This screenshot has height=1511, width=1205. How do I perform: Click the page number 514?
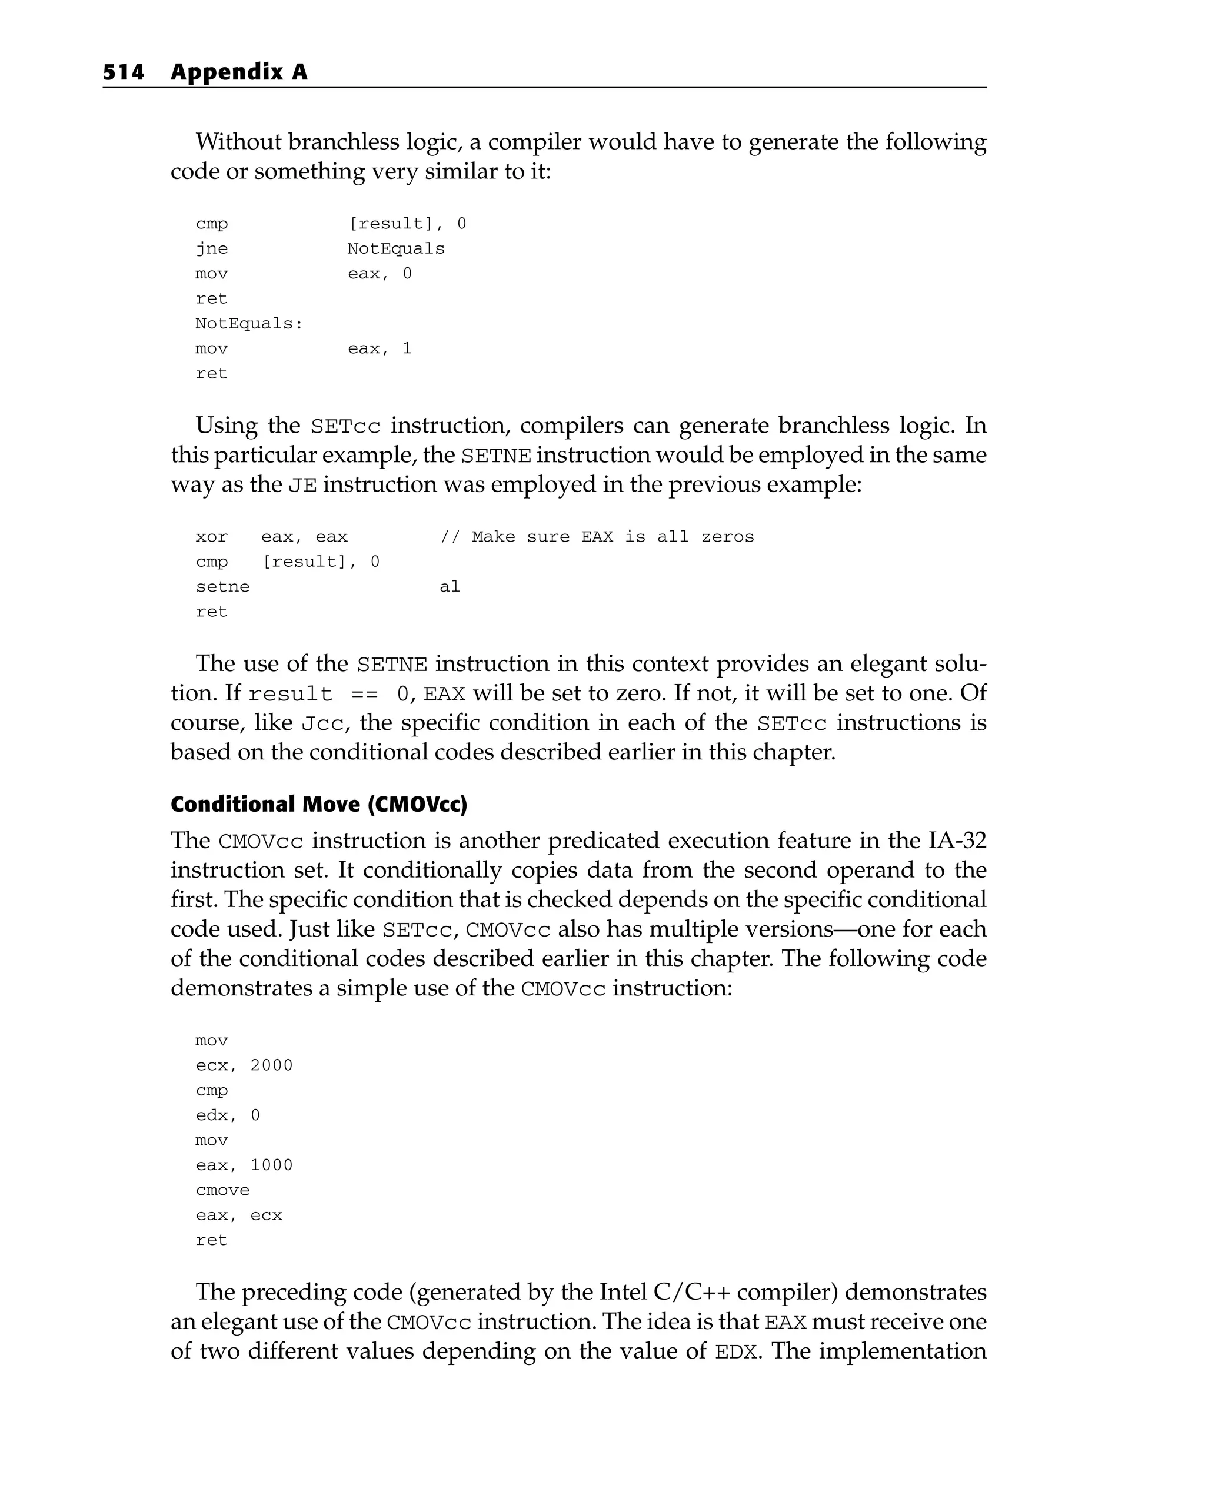pos(124,72)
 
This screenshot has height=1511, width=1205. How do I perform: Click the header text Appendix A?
pos(239,72)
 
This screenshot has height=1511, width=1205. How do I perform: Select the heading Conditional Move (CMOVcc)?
pos(319,804)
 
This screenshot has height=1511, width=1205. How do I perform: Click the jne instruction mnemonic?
pos(212,249)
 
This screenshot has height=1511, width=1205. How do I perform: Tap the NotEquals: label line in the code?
pos(249,324)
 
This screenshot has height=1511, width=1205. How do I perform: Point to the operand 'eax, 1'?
pos(380,348)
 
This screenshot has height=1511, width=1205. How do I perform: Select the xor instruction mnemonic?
pos(212,537)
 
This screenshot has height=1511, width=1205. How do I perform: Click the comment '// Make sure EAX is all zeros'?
pos(597,537)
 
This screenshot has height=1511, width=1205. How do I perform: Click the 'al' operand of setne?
pos(450,587)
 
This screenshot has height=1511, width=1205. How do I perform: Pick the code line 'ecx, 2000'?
pos(244,1065)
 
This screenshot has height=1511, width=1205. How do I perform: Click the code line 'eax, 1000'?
pos(244,1165)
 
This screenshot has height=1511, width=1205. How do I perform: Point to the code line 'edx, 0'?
pos(228,1115)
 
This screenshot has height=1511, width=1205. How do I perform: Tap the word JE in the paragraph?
pos(302,485)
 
